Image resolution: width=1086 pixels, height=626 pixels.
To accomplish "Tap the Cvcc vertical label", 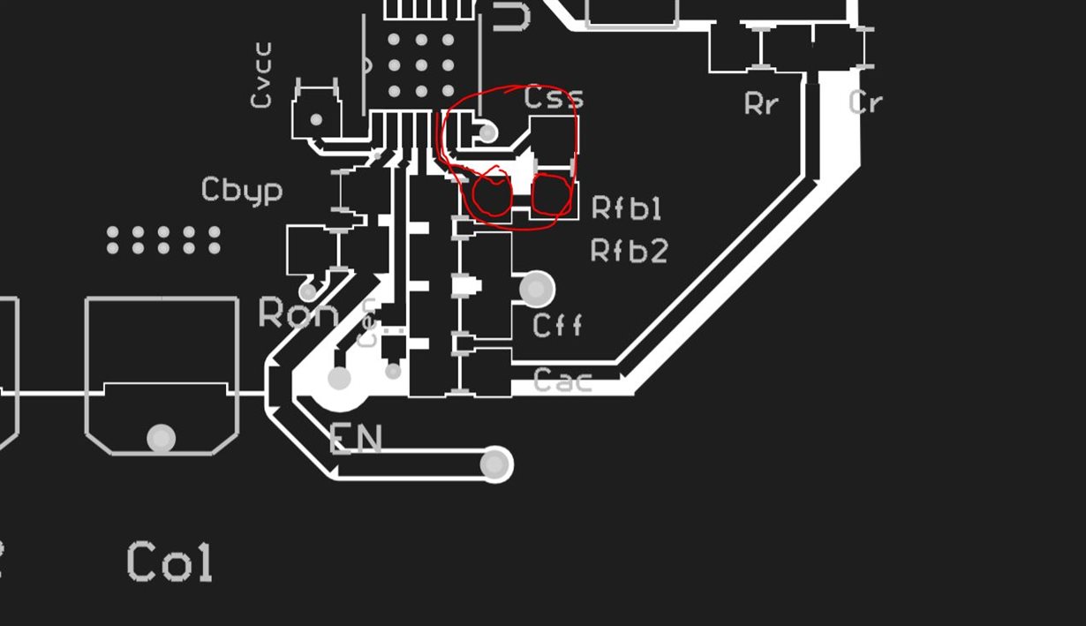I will point(261,75).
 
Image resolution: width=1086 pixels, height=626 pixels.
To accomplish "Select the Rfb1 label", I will point(626,208).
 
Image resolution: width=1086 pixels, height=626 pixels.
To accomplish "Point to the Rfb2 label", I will point(629,252).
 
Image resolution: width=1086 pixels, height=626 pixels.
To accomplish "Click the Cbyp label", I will point(242,191).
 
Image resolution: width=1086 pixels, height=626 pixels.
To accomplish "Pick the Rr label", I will point(761,103).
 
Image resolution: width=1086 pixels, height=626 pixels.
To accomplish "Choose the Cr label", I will point(865,102).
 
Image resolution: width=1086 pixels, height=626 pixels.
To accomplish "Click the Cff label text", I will point(558,325).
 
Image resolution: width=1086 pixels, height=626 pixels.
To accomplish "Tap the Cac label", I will point(563,381).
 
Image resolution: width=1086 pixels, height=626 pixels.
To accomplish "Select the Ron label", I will point(298,313).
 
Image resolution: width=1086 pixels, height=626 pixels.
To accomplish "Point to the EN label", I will point(356,439).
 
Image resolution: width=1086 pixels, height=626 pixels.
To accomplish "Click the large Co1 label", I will point(170,562).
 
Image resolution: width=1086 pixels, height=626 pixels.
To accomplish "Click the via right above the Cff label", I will point(536,288).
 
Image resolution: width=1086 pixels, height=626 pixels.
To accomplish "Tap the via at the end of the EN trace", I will point(495,464).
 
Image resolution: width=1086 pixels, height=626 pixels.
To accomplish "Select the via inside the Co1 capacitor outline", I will point(161,438).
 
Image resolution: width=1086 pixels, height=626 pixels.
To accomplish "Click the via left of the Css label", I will point(487,132).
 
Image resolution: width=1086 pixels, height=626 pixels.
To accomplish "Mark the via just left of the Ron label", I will point(307,290).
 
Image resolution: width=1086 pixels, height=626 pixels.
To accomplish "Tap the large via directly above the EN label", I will point(339,379).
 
